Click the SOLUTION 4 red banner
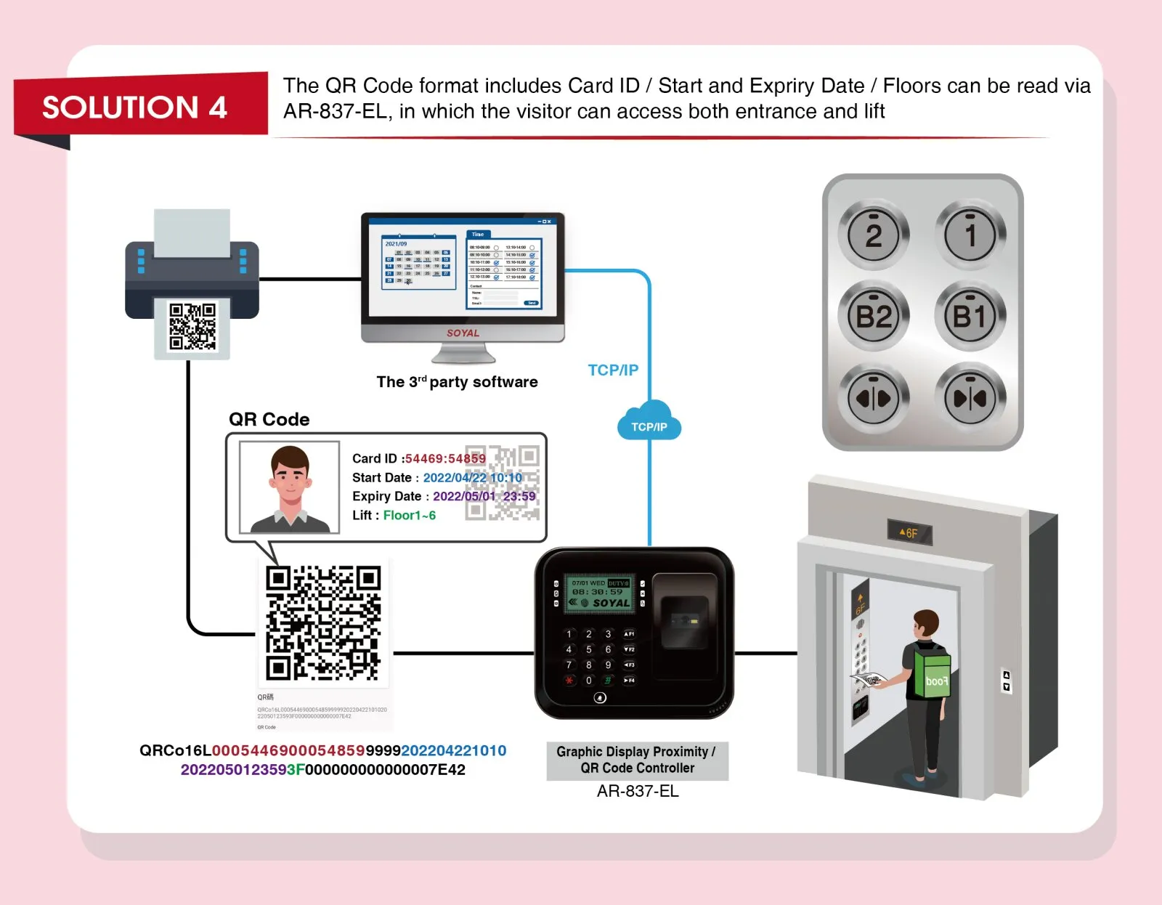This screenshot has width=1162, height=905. click(x=135, y=107)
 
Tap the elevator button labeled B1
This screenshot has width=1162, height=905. click(x=970, y=317)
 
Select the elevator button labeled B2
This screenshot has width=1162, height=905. click(x=874, y=317)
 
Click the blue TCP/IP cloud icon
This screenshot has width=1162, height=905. click(x=649, y=422)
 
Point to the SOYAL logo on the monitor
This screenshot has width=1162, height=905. click(x=463, y=333)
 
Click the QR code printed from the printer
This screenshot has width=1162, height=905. click(x=192, y=327)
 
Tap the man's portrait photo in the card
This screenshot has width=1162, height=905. click(x=290, y=487)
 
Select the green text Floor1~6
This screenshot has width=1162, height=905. click(x=410, y=515)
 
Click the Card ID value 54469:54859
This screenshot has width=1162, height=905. click(x=444, y=458)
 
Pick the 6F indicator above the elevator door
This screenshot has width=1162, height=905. click(x=909, y=532)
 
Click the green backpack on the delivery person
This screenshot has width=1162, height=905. click(x=933, y=672)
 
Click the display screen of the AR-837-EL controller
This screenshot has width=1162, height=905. click(x=599, y=593)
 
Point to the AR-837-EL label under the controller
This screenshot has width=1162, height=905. click(x=637, y=791)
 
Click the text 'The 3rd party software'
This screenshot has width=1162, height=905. click(x=457, y=382)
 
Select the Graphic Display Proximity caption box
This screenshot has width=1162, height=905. click(x=637, y=760)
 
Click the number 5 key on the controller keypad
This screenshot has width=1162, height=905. click(x=588, y=649)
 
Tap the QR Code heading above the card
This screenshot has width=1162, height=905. click(x=269, y=419)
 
